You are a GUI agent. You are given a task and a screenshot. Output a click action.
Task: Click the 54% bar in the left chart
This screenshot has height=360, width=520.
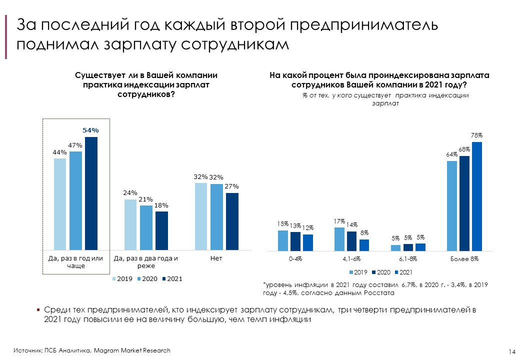tap(91, 193)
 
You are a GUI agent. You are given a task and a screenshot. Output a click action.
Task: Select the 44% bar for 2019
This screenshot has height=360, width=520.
tap(60, 204)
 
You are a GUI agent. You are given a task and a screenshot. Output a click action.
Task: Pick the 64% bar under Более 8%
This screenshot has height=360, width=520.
tap(452, 205)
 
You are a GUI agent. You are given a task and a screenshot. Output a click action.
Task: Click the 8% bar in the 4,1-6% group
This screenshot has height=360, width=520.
tap(364, 245)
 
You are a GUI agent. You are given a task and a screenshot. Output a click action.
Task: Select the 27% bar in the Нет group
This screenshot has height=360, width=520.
tap(232, 221)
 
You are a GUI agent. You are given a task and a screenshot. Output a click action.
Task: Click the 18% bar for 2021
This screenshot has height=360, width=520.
tap(161, 230)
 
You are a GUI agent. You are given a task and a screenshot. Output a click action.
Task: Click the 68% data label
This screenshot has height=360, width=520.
tap(464, 149)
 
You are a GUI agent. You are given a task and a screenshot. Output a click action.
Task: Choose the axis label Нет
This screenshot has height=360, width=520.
tap(216, 258)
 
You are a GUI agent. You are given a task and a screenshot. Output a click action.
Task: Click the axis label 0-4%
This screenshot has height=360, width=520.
tap(295, 259)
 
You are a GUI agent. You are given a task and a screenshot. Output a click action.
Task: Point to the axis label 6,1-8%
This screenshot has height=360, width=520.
tap(408, 259)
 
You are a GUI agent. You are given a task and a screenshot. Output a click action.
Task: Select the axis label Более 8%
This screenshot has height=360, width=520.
tap(464, 259)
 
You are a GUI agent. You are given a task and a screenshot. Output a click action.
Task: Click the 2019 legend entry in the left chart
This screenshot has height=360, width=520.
tap(122, 278)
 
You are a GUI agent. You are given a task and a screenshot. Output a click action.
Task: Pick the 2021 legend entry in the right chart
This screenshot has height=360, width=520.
tap(403, 272)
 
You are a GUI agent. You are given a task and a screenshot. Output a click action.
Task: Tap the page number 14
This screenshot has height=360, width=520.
tap(511, 351)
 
